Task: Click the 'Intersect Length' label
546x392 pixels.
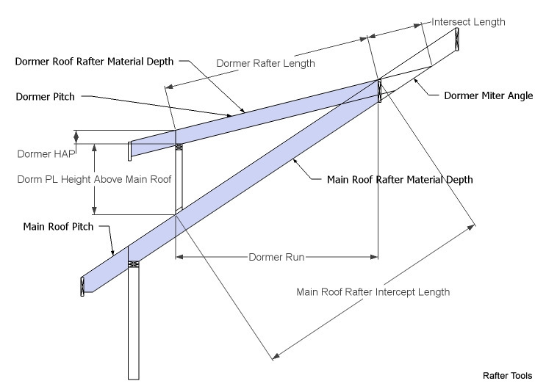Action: (468, 22)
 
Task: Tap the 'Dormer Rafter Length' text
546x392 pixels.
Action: (265, 63)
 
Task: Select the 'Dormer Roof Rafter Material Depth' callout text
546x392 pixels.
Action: (94, 62)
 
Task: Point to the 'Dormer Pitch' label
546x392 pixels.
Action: (46, 96)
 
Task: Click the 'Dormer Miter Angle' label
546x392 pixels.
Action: (489, 95)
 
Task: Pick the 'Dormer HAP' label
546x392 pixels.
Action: (46, 153)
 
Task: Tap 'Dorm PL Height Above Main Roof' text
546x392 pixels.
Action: (94, 179)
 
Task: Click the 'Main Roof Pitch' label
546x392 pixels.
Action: (58, 227)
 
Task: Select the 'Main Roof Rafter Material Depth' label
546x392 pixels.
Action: (400, 180)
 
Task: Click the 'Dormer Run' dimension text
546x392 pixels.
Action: (276, 257)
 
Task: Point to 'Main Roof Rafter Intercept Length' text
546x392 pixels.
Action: (373, 292)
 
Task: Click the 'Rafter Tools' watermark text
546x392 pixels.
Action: (507, 376)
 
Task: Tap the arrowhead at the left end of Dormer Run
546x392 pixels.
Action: (179, 257)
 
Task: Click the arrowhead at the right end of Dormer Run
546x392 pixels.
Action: (374, 257)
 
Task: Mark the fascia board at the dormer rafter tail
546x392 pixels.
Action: (130, 151)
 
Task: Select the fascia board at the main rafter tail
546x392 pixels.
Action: (82, 286)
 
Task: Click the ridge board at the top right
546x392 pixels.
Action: (457, 40)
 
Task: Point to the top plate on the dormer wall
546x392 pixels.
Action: (179, 147)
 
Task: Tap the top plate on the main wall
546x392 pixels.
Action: (134, 264)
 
